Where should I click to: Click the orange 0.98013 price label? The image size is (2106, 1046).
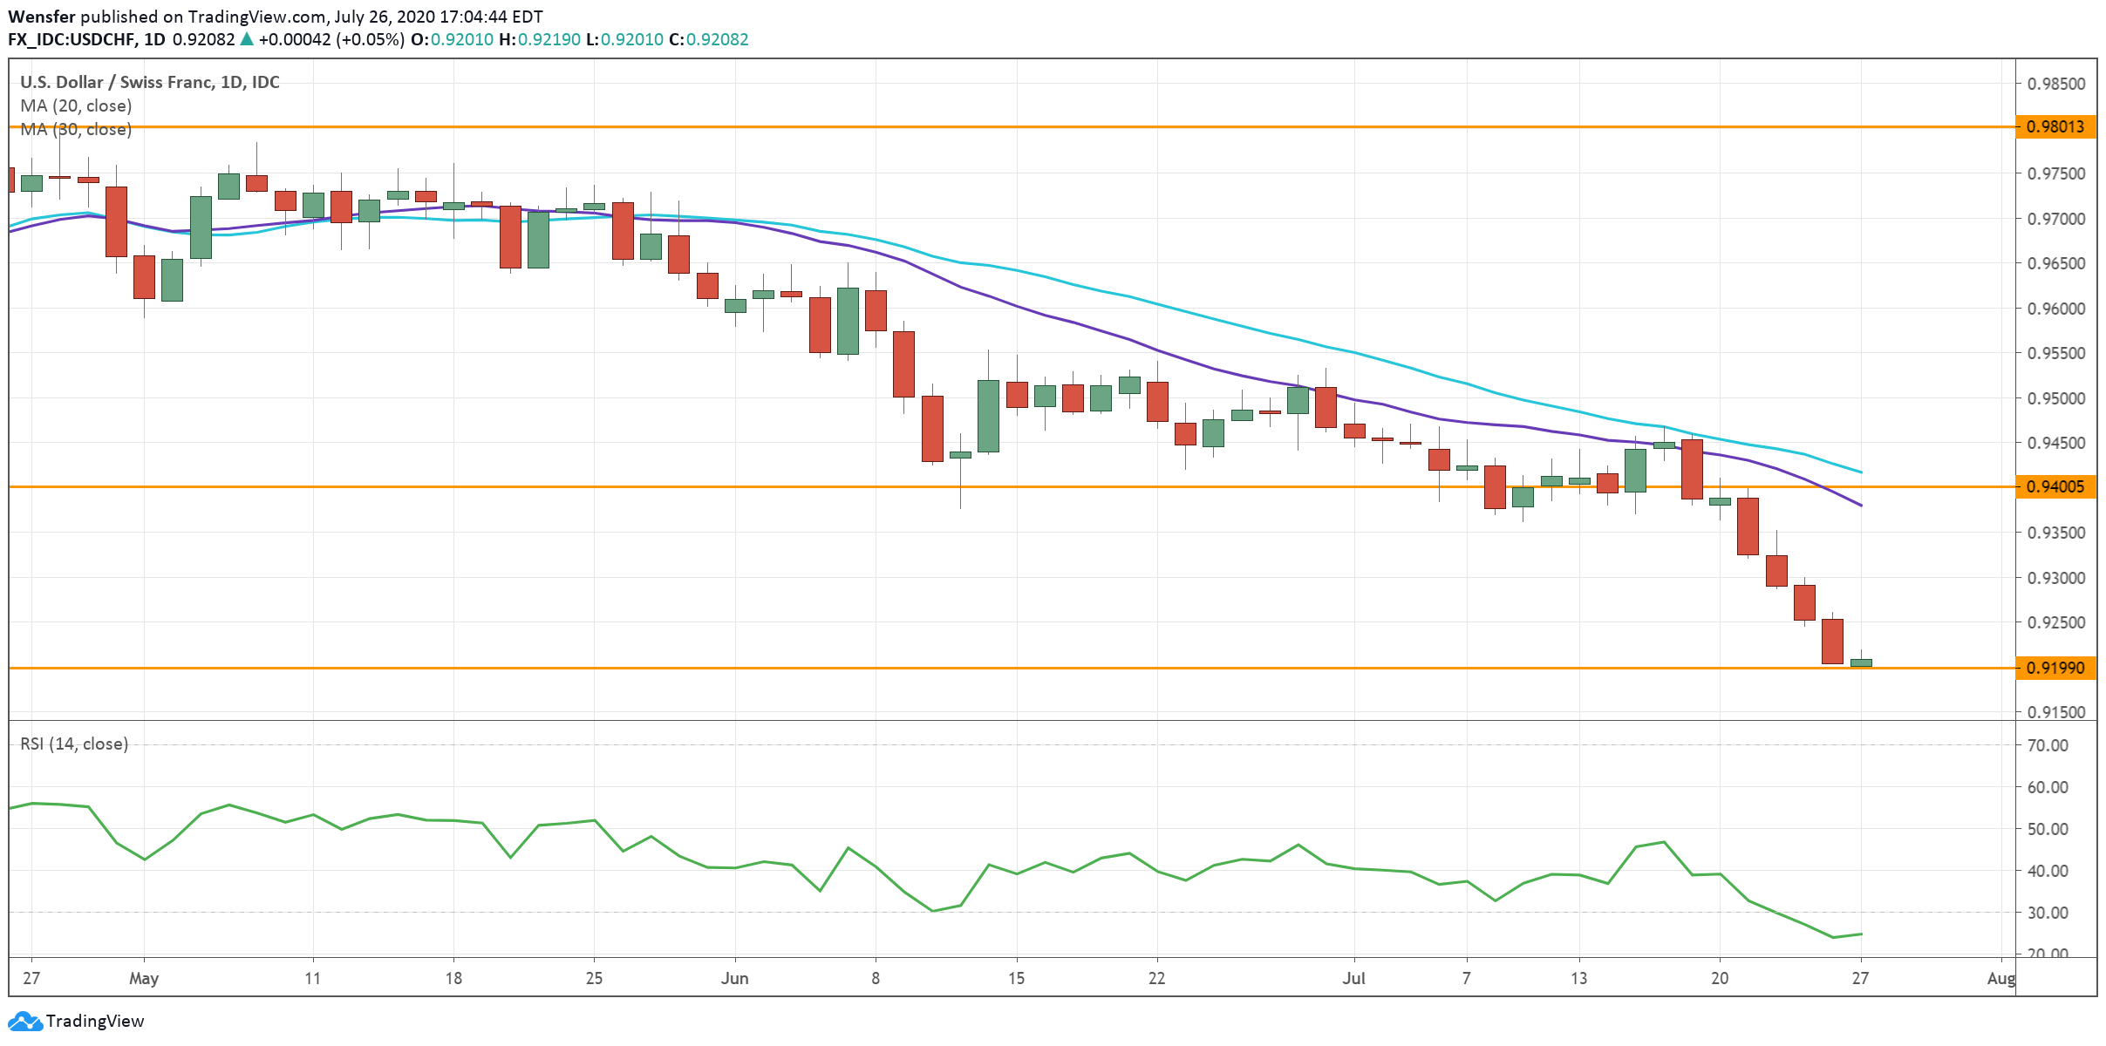[2055, 127]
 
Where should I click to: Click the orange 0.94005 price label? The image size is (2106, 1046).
[2055, 486]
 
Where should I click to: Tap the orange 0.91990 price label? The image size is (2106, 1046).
[2055, 669]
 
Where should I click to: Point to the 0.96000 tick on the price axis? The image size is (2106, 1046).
[2055, 309]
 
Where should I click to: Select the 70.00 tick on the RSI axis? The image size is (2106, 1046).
[2048, 745]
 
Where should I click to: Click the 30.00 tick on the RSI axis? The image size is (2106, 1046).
[2048, 913]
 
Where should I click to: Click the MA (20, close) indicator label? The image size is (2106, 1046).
[76, 105]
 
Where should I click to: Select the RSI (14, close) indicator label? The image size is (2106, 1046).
[74, 744]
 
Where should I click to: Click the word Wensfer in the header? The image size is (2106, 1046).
[41, 17]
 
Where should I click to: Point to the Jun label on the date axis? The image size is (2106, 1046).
[734, 978]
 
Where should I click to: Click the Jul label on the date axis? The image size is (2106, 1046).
[1353, 978]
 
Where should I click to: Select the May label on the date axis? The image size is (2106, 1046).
[144, 978]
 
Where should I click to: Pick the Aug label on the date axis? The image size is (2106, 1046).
[2000, 978]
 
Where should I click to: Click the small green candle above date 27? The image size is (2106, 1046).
[1861, 662]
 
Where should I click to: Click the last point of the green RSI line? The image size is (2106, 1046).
[1862, 934]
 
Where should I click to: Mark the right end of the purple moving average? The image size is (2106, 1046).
[1862, 506]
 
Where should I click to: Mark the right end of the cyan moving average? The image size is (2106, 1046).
[1862, 472]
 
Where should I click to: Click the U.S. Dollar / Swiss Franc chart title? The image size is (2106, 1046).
[149, 82]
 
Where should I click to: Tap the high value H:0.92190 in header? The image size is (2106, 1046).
[539, 39]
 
